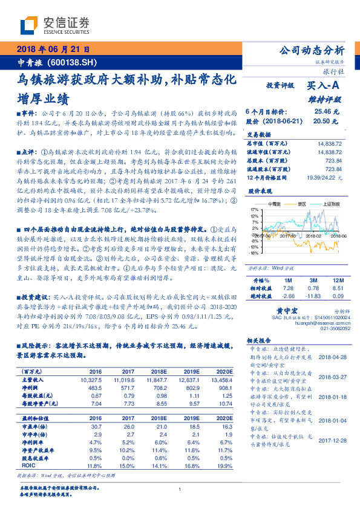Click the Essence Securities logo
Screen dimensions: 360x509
click(x=55, y=25)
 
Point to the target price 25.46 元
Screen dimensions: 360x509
click(x=322, y=112)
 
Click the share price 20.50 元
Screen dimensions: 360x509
click(x=322, y=122)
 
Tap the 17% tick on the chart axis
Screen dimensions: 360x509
click(x=255, y=209)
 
